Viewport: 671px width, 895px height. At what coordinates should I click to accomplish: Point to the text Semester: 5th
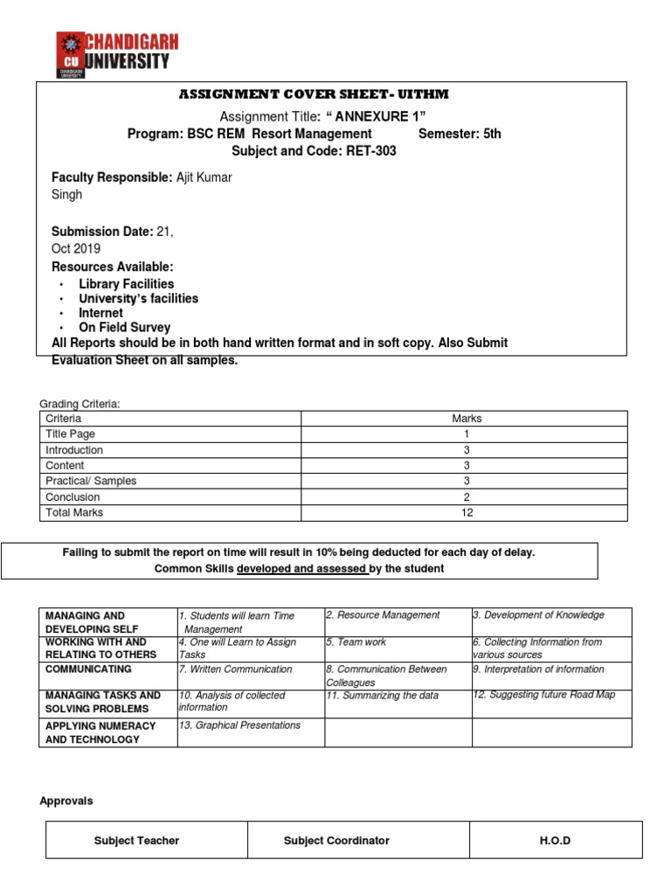coord(460,134)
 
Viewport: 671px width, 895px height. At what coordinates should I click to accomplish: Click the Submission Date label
coord(102,232)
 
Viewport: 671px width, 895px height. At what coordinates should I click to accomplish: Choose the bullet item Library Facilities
coord(126,284)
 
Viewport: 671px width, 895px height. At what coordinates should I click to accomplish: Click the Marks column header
coord(467,419)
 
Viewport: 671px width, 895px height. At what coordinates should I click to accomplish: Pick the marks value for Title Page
coord(467,434)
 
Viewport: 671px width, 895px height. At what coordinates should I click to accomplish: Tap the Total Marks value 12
coord(467,513)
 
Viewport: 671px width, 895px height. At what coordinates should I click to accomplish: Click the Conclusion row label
coord(73,497)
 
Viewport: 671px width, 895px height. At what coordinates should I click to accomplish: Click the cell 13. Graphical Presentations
coord(239,725)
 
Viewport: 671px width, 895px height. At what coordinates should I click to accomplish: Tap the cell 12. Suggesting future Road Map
coord(543,695)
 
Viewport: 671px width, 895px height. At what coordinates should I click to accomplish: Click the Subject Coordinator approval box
coord(336,841)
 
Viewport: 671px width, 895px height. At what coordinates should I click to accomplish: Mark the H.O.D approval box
coord(555,841)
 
